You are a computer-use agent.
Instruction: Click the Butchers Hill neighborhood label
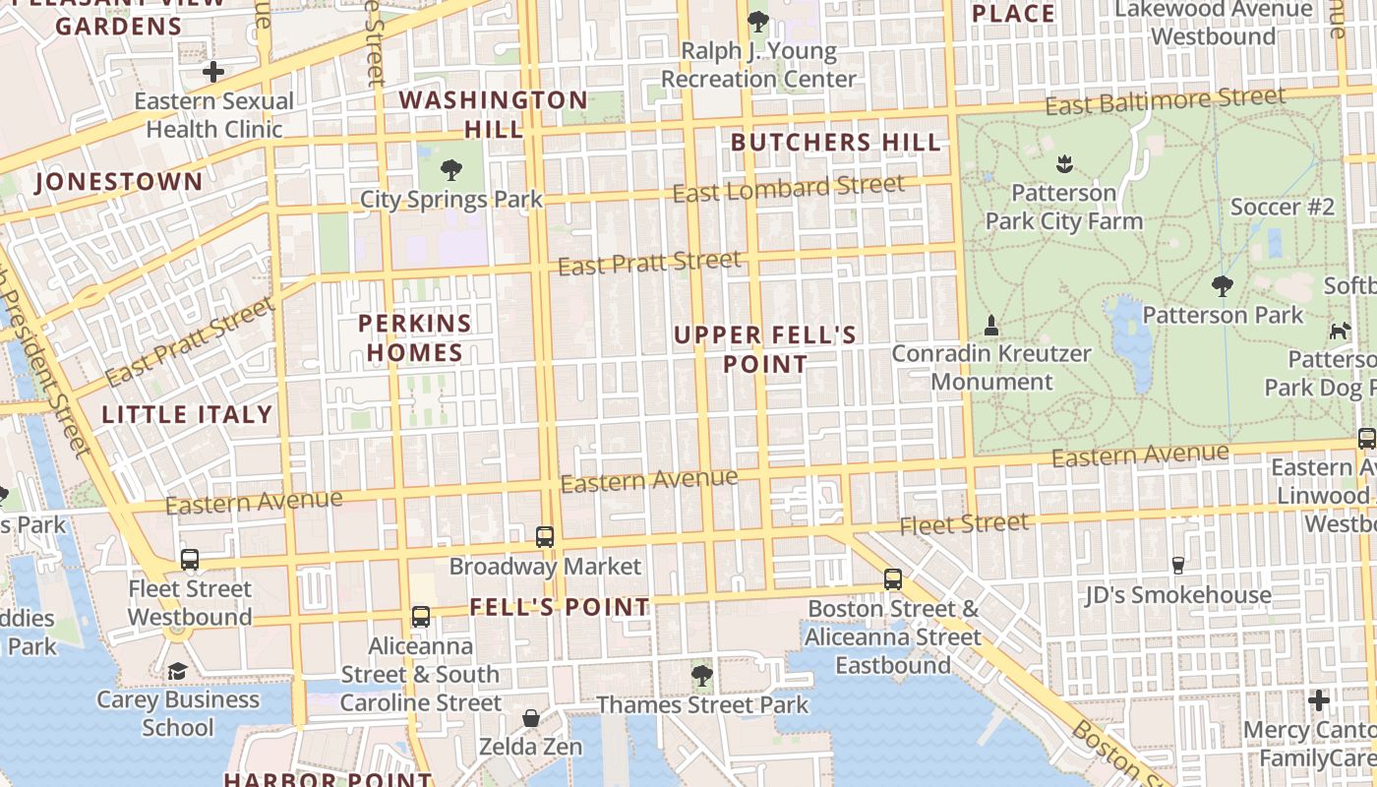(x=836, y=143)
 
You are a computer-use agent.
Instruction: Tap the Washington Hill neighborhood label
(x=494, y=114)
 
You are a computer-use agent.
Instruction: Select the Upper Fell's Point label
(x=765, y=349)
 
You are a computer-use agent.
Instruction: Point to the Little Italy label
(x=187, y=414)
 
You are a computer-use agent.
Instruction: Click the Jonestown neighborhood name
(x=119, y=182)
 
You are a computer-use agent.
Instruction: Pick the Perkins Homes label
(x=415, y=337)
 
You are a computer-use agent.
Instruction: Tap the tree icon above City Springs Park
(x=451, y=170)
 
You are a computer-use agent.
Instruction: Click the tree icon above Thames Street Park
(x=702, y=675)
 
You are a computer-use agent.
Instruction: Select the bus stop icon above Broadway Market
(x=545, y=537)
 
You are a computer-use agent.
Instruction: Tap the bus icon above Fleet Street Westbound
(x=190, y=560)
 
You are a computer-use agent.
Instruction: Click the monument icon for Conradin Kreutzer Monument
(x=991, y=325)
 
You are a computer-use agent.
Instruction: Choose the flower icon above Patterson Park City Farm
(x=1063, y=163)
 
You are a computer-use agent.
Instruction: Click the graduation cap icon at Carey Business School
(x=177, y=671)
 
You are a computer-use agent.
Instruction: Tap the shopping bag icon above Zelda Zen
(x=531, y=718)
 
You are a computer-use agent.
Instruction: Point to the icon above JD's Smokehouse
(x=1177, y=566)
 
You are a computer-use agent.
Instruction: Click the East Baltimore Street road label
(x=1166, y=100)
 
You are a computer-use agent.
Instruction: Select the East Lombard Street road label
(x=788, y=188)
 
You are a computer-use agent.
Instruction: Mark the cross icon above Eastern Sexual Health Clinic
(x=213, y=72)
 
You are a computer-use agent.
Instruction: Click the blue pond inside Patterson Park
(x=1133, y=339)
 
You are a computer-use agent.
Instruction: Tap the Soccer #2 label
(x=1283, y=207)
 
